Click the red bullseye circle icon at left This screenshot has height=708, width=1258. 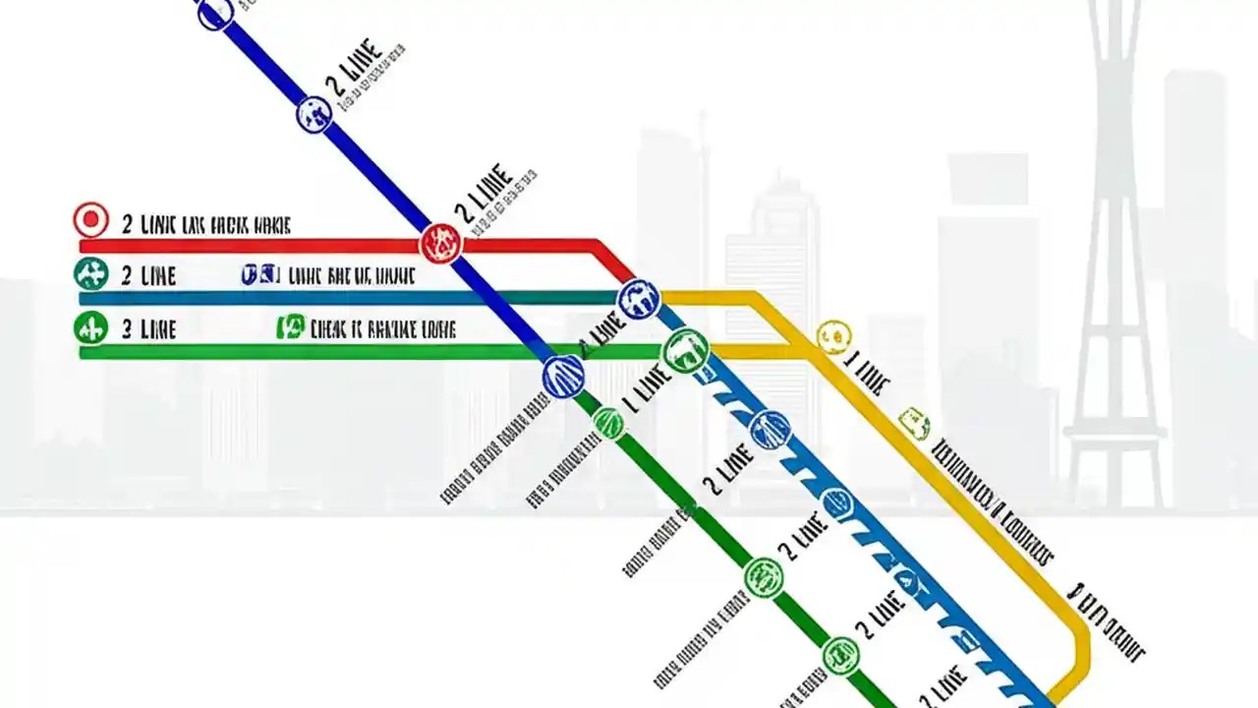point(90,219)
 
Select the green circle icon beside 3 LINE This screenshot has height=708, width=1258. point(90,326)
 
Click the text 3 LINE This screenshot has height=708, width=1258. point(148,329)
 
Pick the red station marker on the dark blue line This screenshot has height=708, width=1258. point(441,243)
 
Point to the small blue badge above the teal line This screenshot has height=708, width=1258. point(261,275)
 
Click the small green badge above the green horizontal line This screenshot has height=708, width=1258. point(291,327)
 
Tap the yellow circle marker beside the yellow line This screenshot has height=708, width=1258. point(833,336)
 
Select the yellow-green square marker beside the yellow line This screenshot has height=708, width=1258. point(914,423)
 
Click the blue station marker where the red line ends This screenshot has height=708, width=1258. point(639,298)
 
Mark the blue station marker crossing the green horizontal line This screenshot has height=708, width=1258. point(564,376)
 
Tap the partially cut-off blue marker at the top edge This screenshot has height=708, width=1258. point(215,12)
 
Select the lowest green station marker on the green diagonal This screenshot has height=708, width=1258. point(841,655)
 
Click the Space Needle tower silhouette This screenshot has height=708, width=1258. point(1115,246)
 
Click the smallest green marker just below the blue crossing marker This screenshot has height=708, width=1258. point(608,424)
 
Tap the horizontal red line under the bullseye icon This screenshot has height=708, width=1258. point(246,246)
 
